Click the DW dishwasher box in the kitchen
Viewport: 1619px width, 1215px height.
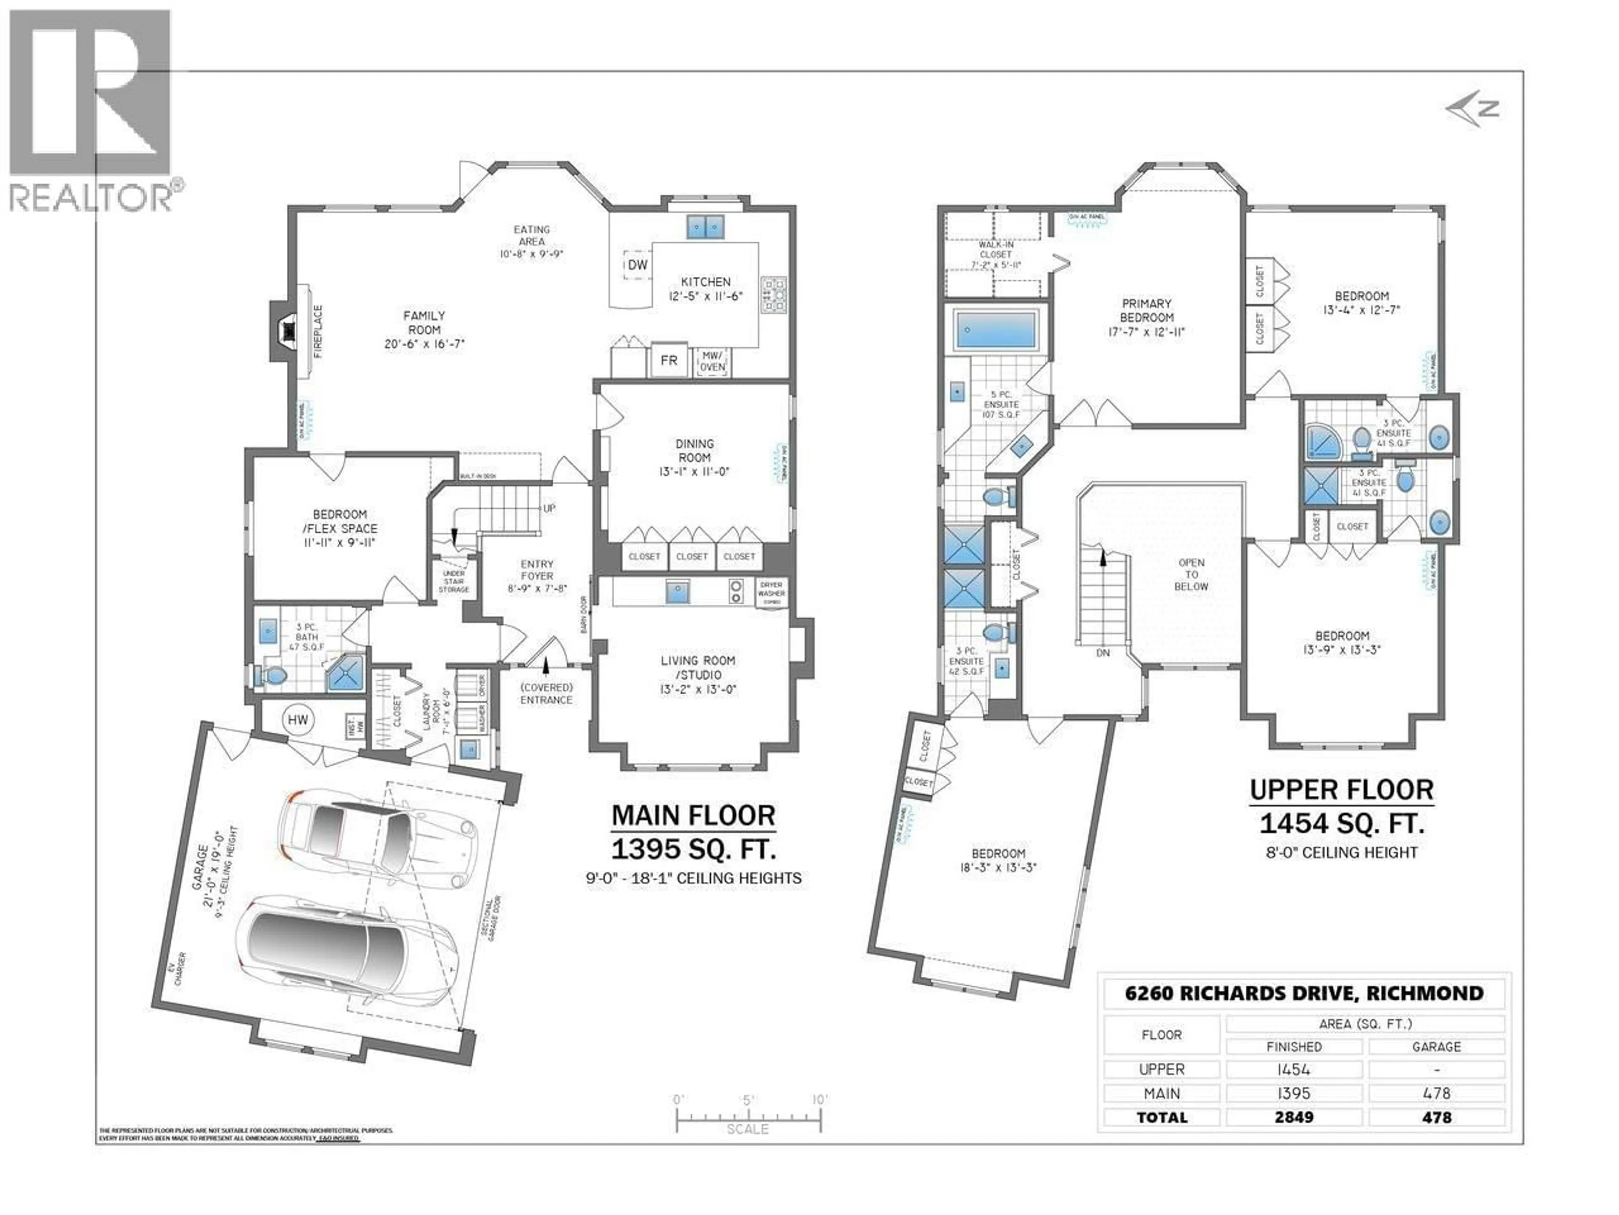[637, 265]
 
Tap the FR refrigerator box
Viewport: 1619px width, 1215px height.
[668, 360]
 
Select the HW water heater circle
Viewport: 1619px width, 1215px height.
[298, 720]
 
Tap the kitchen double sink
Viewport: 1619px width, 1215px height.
[705, 227]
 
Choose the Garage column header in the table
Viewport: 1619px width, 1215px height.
[1436, 1047]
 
